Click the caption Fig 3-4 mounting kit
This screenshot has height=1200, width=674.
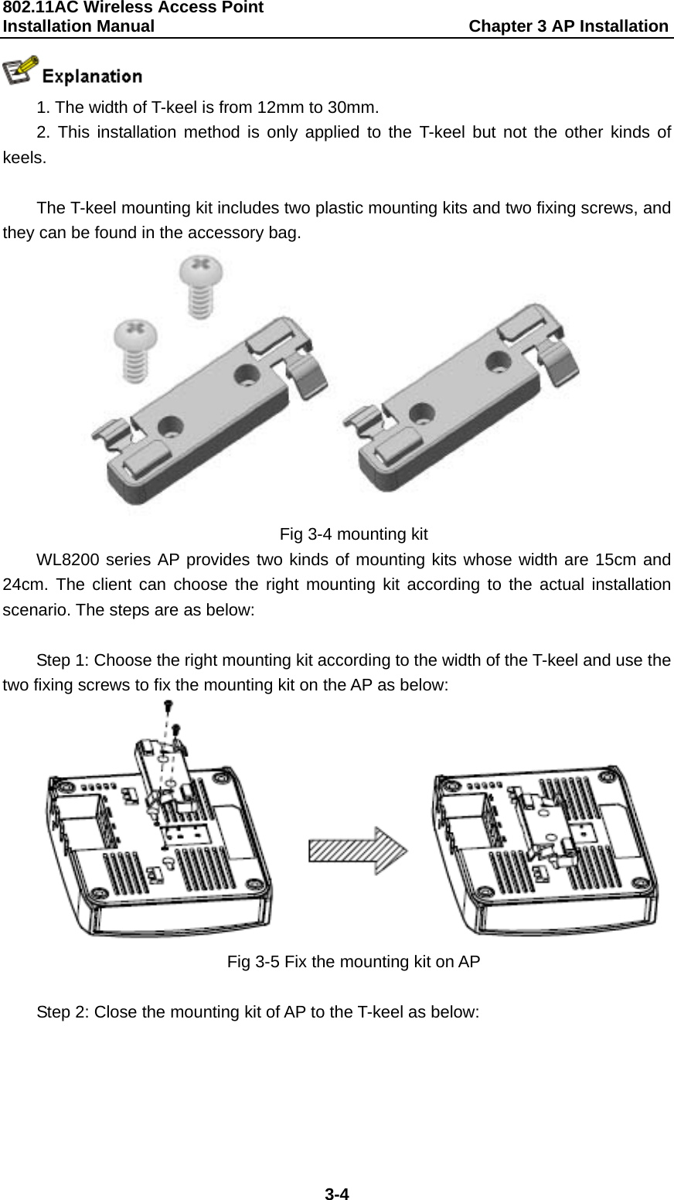point(353,534)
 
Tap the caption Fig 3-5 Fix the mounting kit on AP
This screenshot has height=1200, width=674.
point(353,962)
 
